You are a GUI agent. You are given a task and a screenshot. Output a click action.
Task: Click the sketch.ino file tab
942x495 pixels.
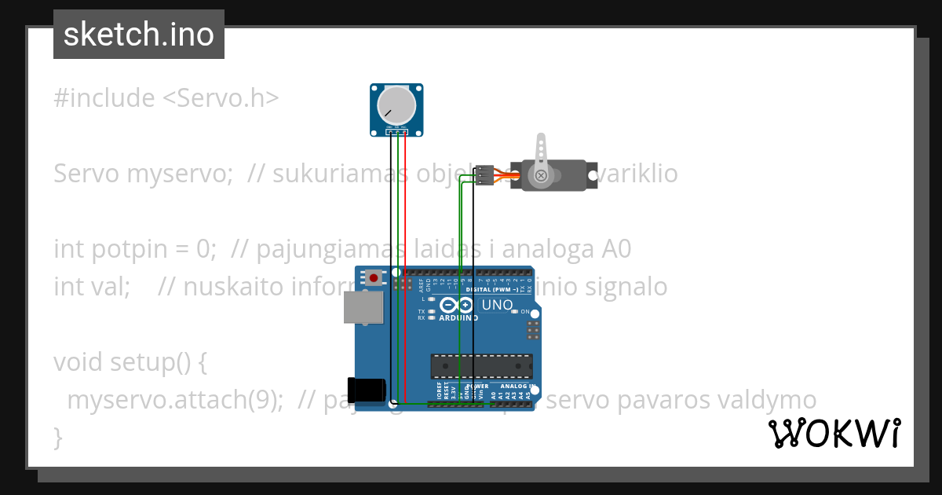138,35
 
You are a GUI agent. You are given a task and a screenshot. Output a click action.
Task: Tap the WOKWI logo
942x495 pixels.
834,434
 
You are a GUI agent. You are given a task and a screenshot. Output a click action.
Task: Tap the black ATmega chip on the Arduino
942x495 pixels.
481,366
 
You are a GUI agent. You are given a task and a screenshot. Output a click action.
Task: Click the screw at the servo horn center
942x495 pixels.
540,176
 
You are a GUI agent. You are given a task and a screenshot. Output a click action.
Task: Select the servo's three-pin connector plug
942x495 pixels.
484,175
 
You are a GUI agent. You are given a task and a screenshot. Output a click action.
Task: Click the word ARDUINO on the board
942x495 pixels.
458,318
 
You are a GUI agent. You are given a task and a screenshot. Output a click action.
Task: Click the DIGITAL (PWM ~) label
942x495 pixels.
491,289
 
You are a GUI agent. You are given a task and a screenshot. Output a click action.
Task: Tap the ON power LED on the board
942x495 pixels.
515,312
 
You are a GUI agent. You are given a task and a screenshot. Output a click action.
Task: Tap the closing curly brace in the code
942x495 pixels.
57,436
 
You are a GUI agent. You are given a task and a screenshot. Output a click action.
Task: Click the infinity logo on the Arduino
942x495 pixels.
457,305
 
